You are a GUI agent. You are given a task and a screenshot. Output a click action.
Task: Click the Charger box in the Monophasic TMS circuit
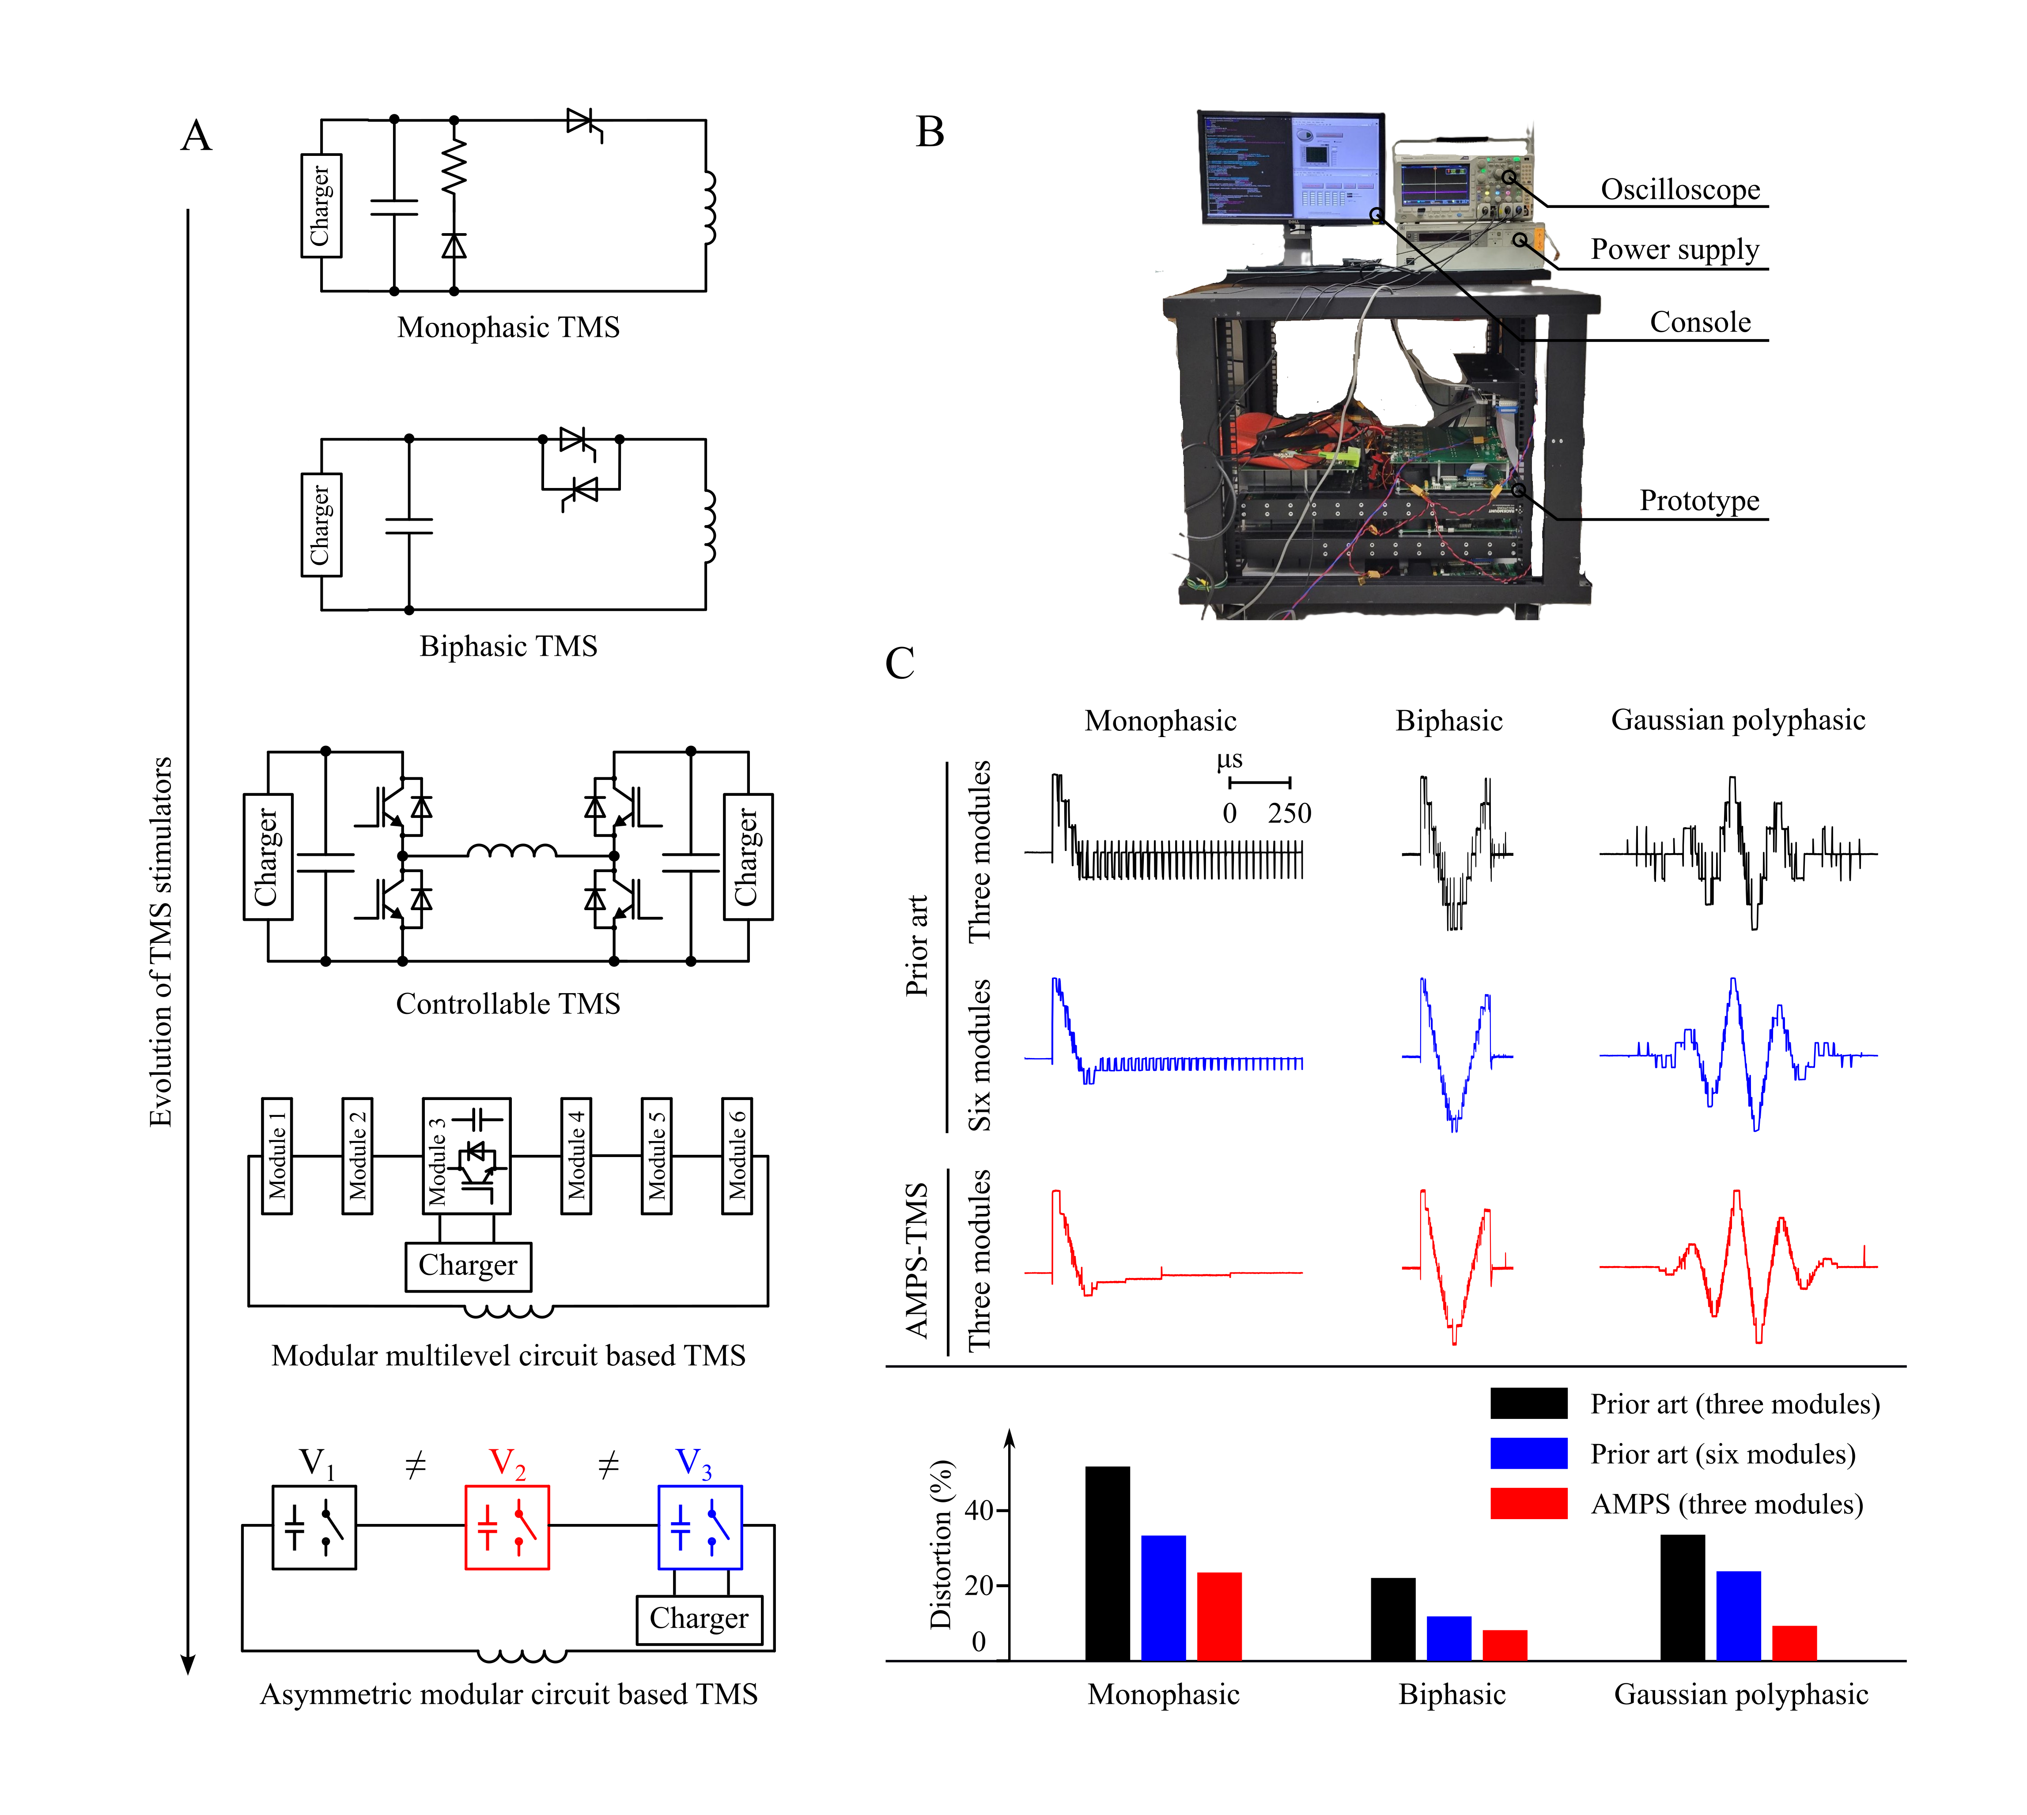click(321, 205)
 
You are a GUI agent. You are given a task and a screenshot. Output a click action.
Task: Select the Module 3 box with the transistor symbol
click(467, 1156)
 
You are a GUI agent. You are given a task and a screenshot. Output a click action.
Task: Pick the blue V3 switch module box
click(700, 1527)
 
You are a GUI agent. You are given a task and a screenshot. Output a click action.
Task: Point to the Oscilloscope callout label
click(1680, 189)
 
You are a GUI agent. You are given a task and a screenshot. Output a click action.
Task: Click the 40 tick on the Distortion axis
click(979, 1511)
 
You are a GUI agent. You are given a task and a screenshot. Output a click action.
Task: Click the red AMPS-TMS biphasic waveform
click(1456, 1267)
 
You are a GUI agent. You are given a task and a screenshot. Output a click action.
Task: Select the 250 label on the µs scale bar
click(1289, 814)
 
